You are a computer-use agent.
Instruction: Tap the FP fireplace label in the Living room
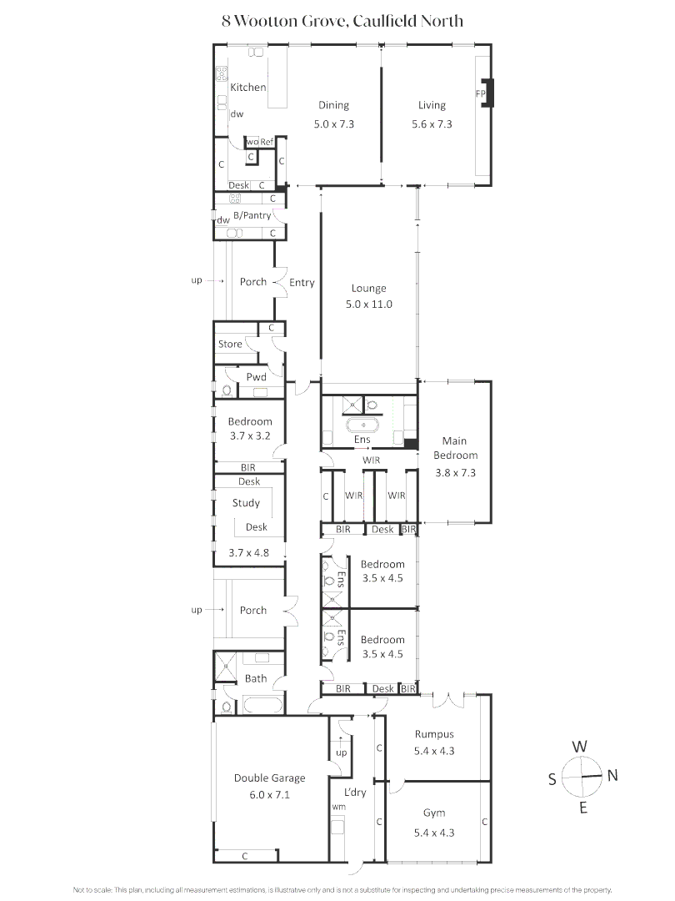[x=480, y=93]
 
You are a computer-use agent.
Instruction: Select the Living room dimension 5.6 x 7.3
[x=432, y=123]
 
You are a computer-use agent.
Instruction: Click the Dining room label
[x=333, y=105]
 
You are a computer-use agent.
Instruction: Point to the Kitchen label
[x=248, y=87]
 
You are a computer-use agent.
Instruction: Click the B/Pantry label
[x=249, y=215]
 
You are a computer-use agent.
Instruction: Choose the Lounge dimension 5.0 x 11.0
[x=368, y=305]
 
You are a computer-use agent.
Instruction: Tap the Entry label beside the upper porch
[x=302, y=283]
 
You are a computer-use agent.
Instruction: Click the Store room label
[x=230, y=344]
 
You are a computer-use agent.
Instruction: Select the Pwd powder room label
[x=256, y=377]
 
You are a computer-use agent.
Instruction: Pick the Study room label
[x=246, y=503]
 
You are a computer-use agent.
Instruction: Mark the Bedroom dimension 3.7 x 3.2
[x=249, y=435]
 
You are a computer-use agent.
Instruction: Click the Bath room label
[x=256, y=678]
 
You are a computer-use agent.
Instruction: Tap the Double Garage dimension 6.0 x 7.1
[x=269, y=795]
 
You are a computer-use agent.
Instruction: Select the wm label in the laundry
[x=339, y=808]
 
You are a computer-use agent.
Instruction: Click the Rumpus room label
[x=434, y=734]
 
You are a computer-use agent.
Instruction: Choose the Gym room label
[x=433, y=813]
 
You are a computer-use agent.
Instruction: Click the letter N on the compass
[x=612, y=776]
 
